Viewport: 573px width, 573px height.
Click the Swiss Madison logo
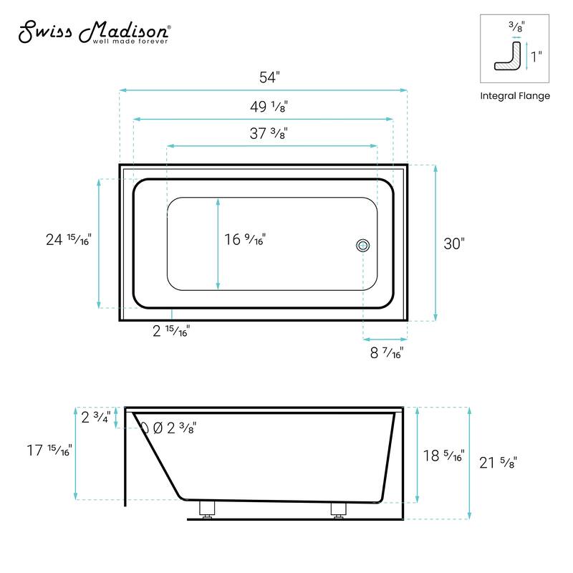[93, 31]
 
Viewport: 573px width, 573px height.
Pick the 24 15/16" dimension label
[68, 240]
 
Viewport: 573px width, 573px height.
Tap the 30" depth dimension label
[454, 244]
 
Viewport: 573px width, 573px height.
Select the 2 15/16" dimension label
[172, 331]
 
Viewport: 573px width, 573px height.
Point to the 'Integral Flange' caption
[514, 95]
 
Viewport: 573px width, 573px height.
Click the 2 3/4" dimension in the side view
[95, 417]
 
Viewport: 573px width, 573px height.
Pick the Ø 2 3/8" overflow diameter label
[176, 428]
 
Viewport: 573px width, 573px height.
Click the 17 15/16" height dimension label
[49, 451]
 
